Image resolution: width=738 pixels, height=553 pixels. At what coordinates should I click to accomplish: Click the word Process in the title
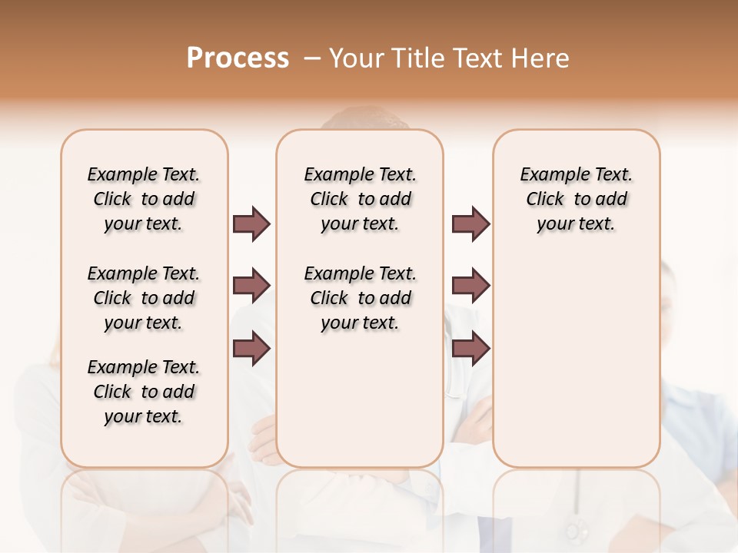[238, 58]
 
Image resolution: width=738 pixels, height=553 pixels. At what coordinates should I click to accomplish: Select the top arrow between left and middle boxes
[251, 224]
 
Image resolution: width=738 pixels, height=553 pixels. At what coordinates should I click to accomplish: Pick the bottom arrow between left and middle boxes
[251, 349]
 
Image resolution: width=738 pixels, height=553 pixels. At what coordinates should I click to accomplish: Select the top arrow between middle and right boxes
[471, 224]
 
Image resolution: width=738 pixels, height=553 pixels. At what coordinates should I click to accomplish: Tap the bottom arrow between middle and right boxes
[471, 349]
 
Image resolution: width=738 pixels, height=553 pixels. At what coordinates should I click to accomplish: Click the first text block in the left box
[144, 199]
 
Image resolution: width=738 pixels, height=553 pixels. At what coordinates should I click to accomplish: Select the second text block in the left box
[144, 298]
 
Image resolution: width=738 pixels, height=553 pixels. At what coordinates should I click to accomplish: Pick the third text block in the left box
[144, 392]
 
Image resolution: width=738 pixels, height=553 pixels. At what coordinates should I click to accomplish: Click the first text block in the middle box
[360, 199]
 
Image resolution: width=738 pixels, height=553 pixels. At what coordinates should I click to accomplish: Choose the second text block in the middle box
[360, 298]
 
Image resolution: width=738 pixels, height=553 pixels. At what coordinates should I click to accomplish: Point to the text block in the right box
[576, 199]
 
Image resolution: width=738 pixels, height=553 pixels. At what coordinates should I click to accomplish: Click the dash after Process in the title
[312, 58]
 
